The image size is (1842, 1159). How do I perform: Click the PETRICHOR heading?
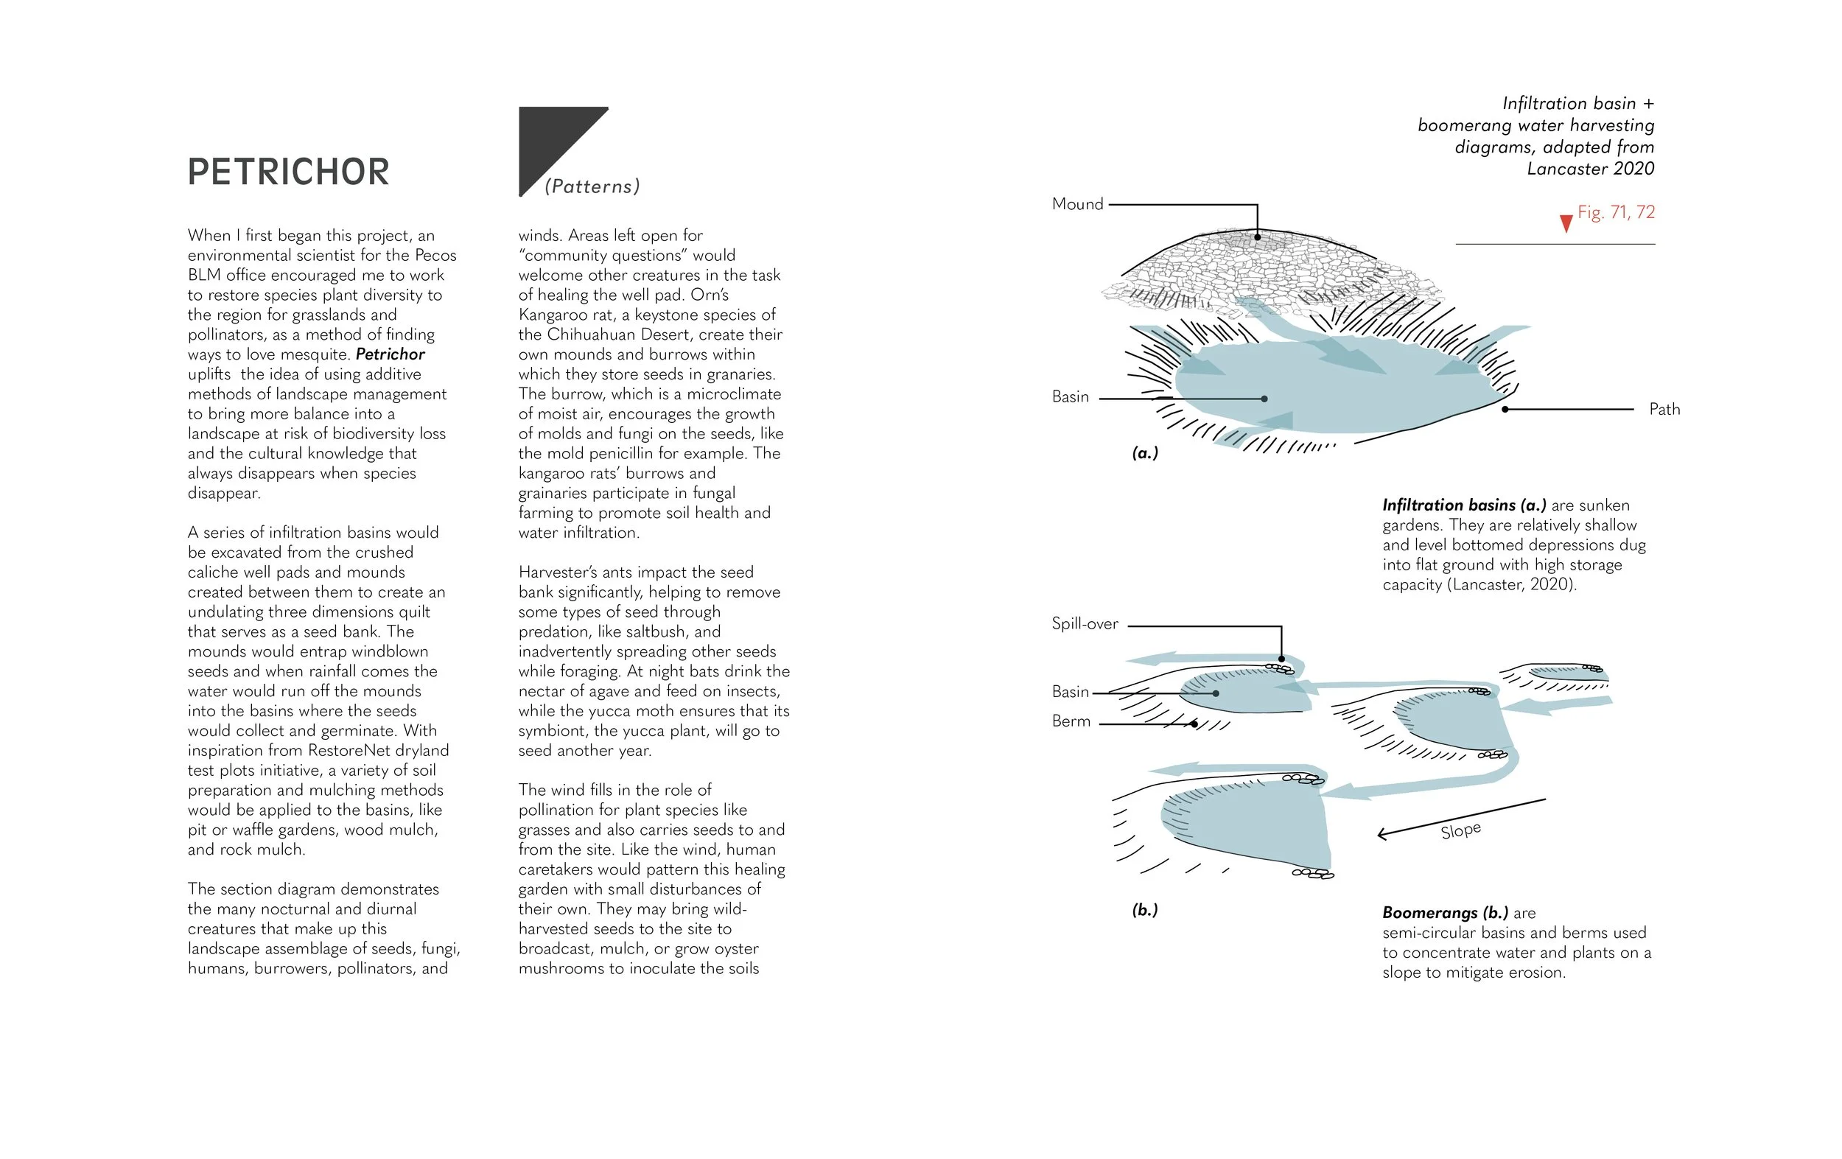pos(288,172)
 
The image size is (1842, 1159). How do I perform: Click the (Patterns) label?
pos(592,186)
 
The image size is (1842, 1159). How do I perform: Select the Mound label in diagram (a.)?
pos(1077,204)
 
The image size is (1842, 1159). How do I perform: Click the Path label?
pos(1664,409)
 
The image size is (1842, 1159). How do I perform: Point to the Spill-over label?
pos(1085,623)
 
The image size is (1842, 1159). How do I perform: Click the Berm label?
pos(1071,721)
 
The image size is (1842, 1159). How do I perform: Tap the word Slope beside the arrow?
pos(1460,830)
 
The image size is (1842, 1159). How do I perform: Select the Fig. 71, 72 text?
pos(1617,212)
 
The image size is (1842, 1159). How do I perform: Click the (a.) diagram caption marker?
pos(1145,453)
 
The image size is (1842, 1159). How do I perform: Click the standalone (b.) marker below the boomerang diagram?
pos(1145,910)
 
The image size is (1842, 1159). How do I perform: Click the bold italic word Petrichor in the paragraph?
pos(390,354)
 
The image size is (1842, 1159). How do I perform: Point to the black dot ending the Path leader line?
pos(1505,409)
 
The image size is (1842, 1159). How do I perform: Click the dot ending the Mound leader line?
pos(1257,237)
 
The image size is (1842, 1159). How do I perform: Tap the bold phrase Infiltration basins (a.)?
pos(1463,505)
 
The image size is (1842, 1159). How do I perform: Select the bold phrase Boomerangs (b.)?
pos(1445,913)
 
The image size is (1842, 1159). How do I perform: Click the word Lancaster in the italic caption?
pos(1564,169)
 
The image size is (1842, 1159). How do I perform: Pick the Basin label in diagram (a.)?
pos(1070,396)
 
